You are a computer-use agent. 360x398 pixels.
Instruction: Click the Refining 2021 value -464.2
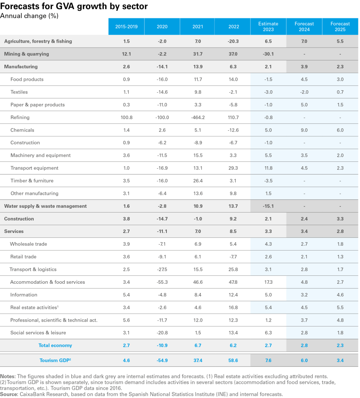tap(197, 117)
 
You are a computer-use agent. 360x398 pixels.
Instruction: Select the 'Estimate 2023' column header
tap(268, 27)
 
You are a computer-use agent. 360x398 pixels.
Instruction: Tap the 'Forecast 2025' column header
tap(340, 27)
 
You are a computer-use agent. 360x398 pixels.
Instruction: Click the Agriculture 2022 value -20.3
tap(232, 41)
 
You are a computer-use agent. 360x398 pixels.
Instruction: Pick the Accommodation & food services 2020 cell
tap(162, 282)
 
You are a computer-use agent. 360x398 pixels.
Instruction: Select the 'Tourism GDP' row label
tap(55, 360)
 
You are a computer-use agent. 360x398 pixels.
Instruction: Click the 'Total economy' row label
tap(55, 345)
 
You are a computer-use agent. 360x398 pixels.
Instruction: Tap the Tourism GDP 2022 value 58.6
tap(232, 360)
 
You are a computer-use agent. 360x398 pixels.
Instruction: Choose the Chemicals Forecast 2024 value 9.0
tap(304, 130)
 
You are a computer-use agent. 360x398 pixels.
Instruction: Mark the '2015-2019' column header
tap(126, 27)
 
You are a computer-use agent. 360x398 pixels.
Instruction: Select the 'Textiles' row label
tap(19, 92)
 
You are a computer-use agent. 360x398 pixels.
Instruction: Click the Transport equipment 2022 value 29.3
tap(232, 168)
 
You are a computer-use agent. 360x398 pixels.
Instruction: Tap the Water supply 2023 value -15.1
tap(268, 206)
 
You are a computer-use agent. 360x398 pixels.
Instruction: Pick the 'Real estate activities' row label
tap(33, 308)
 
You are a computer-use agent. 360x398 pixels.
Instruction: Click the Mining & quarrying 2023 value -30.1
tap(268, 54)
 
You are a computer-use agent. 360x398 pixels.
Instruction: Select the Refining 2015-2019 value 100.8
tap(126, 117)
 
